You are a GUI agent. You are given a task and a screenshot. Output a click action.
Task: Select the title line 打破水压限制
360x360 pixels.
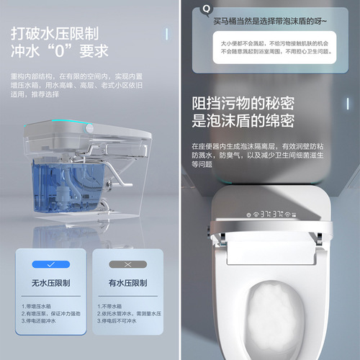coord(55,33)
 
